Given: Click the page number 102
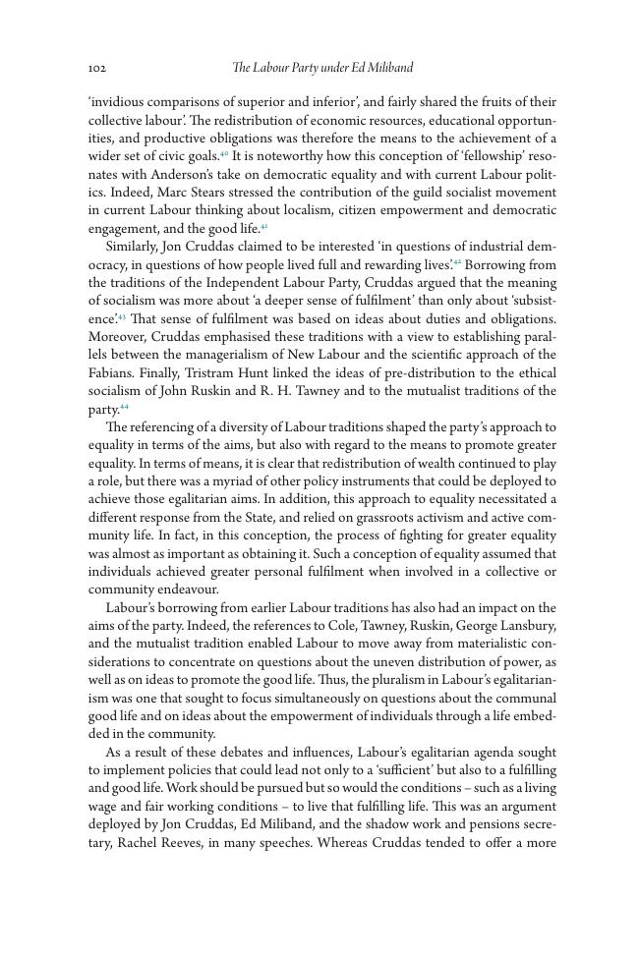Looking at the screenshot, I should [96, 68].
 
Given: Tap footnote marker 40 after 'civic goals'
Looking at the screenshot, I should [224, 154].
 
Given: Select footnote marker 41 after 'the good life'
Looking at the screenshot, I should [263, 227].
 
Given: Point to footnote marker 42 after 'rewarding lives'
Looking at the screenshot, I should [457, 263].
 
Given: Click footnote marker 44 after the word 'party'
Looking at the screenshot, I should [124, 407].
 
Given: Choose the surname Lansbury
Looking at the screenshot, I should [527, 626].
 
